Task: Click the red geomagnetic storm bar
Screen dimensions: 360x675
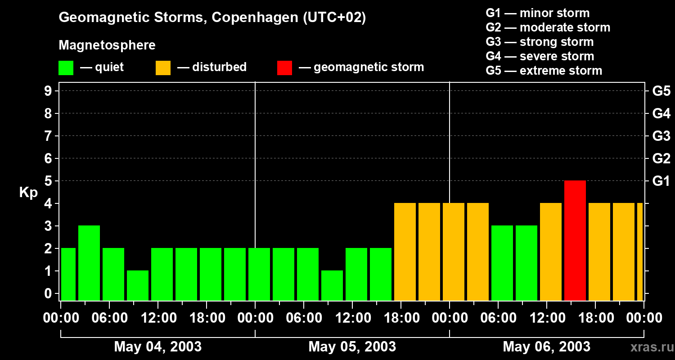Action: click(575, 240)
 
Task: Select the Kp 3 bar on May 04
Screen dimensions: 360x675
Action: click(89, 263)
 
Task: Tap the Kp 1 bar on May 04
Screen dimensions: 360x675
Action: click(138, 285)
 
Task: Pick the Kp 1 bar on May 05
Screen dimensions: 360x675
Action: click(332, 285)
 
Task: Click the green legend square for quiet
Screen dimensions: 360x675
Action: click(66, 67)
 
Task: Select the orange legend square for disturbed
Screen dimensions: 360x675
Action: click(163, 67)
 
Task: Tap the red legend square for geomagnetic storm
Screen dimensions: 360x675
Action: click(284, 67)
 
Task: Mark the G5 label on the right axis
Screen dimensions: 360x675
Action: click(661, 91)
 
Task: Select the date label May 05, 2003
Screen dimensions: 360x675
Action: click(352, 346)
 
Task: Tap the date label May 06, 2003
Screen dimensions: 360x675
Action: click(546, 346)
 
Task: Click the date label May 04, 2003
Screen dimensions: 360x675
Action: click(157, 346)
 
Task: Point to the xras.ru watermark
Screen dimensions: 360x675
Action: click(651, 347)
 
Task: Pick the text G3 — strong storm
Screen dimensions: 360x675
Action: click(540, 42)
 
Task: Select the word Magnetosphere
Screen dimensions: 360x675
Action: click(107, 45)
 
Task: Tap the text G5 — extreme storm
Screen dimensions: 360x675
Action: click(544, 71)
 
